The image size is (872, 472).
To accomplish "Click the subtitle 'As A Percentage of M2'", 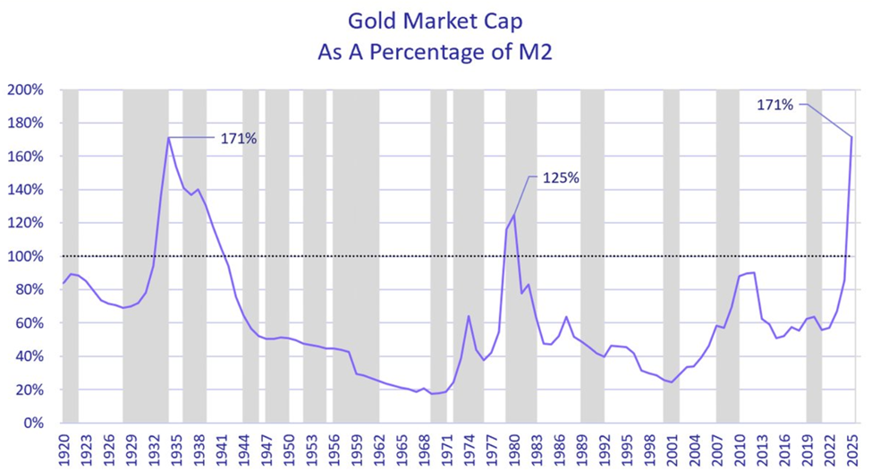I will (x=436, y=52).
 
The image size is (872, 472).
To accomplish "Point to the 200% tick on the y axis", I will (x=27, y=90).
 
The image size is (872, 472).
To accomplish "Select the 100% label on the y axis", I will (x=27, y=257).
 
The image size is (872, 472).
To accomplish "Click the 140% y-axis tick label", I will (x=27, y=190).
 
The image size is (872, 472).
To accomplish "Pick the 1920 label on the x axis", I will (x=63, y=444).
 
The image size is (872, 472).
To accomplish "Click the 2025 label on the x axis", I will (x=851, y=444).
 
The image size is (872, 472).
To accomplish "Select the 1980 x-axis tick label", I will (x=513, y=444).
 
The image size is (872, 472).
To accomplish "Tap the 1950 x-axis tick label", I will (x=288, y=444).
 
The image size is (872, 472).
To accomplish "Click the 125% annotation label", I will (x=561, y=178).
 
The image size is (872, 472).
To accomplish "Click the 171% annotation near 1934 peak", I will (x=238, y=138).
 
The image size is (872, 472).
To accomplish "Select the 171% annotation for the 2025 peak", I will (x=775, y=105).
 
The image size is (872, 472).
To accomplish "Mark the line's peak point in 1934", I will (x=168, y=138).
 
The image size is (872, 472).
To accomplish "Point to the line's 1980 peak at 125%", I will (x=513, y=215).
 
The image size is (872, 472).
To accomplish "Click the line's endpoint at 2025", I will (x=851, y=138).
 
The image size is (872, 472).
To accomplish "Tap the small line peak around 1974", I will (x=469, y=315).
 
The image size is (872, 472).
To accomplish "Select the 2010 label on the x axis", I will (x=739, y=444).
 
